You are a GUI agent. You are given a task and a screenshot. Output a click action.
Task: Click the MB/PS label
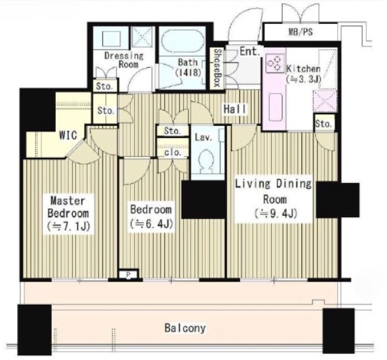coord(301,32)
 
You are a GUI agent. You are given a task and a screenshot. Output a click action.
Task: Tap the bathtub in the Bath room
coord(182,41)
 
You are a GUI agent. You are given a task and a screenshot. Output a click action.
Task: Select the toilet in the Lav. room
coord(206,162)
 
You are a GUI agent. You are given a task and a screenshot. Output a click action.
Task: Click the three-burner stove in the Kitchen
coord(275,63)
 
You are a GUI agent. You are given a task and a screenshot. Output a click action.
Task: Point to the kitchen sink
coord(275,107)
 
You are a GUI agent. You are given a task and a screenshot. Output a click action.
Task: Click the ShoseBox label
coord(217,67)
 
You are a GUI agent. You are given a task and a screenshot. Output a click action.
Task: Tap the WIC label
coord(68,135)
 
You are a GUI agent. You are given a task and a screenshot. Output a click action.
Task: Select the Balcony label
coord(185,328)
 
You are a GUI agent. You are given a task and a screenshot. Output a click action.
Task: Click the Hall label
coord(235,109)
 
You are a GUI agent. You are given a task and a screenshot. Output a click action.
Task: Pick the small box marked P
coord(129,274)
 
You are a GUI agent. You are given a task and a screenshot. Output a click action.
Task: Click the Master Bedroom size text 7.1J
coord(69,226)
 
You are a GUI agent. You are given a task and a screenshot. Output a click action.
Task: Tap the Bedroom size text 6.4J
coord(151,224)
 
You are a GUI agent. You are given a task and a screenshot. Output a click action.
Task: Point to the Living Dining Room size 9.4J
coord(275,214)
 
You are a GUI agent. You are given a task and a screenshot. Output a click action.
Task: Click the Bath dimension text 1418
coord(188,73)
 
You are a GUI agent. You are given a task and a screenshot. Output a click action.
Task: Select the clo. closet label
coord(173,152)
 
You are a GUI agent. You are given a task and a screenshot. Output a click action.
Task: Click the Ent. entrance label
coord(250,51)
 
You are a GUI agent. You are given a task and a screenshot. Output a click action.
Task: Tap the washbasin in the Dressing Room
coord(112,39)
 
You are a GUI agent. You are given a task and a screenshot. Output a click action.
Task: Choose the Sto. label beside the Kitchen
coord(324,123)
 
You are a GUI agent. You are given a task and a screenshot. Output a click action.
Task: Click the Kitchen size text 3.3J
coord(303,79)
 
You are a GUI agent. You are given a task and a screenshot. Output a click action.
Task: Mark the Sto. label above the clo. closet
coord(172,131)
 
